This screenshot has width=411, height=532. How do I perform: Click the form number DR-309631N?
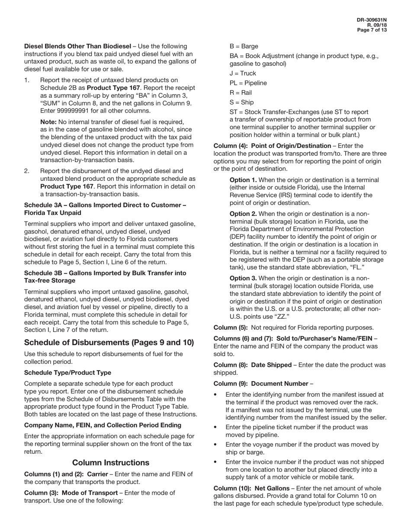click(x=372, y=20)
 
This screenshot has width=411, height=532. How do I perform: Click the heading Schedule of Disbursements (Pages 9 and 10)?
click(x=109, y=343)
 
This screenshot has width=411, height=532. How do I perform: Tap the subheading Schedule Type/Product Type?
click(x=67, y=372)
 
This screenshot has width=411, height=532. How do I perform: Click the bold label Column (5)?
click(x=231, y=327)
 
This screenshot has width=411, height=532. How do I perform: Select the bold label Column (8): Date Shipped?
click(x=253, y=365)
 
